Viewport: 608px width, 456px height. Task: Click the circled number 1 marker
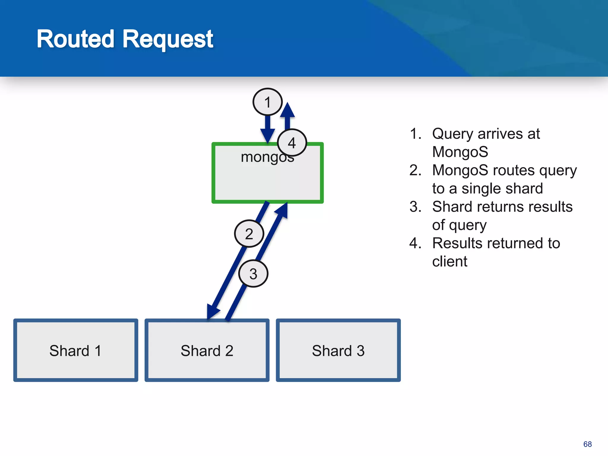(267, 102)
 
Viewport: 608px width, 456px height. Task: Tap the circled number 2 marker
(249, 234)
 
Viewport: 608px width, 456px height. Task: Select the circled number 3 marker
(253, 273)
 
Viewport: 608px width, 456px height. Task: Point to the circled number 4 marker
(292, 143)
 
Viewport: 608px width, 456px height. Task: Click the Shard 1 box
(76, 350)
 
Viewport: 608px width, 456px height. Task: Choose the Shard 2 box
(207, 350)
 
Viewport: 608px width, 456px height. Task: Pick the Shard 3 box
(338, 350)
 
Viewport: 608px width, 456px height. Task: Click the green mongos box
(267, 178)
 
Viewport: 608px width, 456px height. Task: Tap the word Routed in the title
(75, 39)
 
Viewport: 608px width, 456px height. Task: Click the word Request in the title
(168, 39)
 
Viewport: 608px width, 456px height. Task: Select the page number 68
(587, 444)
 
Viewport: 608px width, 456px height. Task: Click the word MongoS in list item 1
(460, 152)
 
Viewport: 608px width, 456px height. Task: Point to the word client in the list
(449, 262)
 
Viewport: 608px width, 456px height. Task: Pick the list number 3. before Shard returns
(415, 207)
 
